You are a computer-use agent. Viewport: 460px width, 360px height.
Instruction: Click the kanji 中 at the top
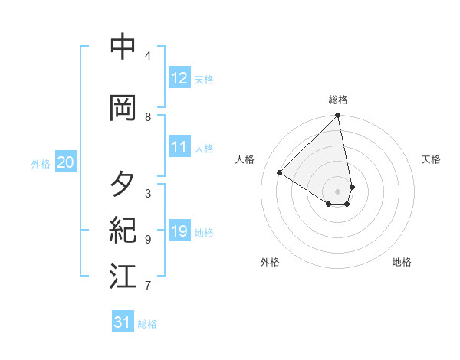pos(123,47)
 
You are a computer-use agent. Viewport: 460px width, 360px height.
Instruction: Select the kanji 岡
pos(123,108)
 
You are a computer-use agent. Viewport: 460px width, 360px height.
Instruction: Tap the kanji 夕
pos(123,185)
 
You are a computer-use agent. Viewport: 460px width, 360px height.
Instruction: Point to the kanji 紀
pos(123,230)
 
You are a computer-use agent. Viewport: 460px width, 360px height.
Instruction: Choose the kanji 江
pos(123,277)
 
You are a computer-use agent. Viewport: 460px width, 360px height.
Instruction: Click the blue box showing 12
pos(179,78)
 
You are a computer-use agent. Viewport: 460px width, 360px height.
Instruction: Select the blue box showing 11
pos(179,147)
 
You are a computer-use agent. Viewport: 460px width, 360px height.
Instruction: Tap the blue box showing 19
pos(179,231)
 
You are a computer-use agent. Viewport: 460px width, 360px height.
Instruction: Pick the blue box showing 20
pos(66,162)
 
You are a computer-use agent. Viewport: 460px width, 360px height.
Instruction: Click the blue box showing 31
pos(123,322)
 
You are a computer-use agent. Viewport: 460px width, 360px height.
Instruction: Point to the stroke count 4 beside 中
pos(148,56)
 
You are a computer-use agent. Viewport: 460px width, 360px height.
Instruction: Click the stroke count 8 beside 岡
pos(148,116)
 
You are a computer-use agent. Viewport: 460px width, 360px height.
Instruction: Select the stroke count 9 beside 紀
pos(148,240)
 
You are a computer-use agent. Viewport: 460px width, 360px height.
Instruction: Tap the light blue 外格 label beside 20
pos(41,163)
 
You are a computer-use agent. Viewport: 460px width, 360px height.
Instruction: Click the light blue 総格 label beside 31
pos(147,324)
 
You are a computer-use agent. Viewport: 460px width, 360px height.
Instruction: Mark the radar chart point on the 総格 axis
pos(337,116)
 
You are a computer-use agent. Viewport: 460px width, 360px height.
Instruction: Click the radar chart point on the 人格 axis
pos(280,173)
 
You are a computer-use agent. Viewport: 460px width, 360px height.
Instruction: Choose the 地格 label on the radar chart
pos(402,262)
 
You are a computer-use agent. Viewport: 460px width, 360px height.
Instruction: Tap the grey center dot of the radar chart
pos(337,191)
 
